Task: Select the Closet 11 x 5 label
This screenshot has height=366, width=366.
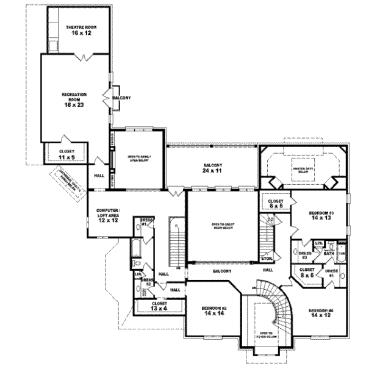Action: [x=67, y=154]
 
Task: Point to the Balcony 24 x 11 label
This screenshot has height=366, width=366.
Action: [x=212, y=169]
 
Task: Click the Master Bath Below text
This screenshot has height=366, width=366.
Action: [x=303, y=170]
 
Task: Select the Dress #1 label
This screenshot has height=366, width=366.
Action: [x=146, y=221]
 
